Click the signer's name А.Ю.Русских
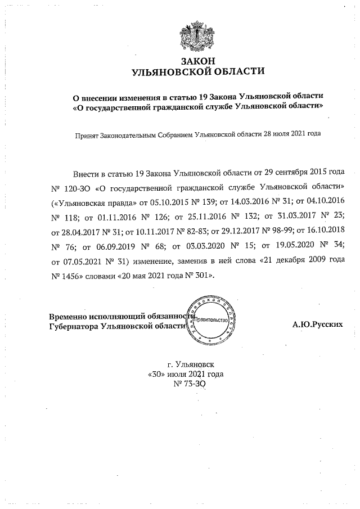tap(318, 325)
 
